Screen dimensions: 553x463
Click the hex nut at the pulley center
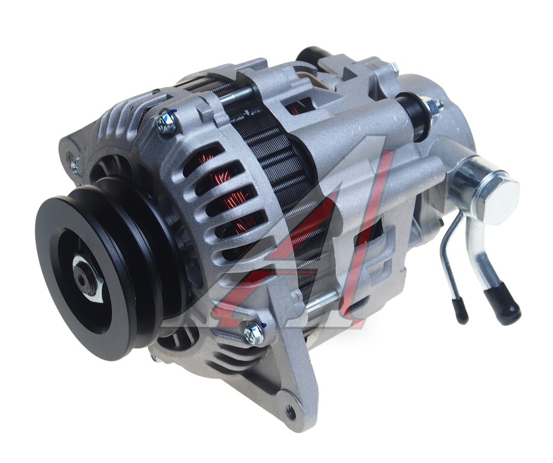[87, 278]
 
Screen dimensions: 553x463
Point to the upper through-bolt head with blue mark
[166, 121]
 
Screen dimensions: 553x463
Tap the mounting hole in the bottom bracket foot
[291, 410]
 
